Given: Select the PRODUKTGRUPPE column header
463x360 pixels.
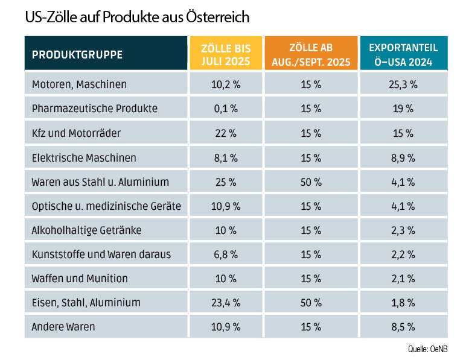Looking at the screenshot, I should pos(77,54).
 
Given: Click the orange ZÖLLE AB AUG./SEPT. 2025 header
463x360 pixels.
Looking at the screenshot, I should pos(310,54).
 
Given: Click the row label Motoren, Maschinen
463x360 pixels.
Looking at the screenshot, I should pos(79,84).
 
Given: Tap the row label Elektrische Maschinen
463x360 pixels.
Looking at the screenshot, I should pos(84,157).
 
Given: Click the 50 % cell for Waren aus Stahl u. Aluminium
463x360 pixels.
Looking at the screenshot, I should pos(310,182).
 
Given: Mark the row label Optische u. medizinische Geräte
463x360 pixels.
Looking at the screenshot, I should pos(106,206).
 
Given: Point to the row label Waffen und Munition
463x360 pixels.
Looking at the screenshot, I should pos(80,279).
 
